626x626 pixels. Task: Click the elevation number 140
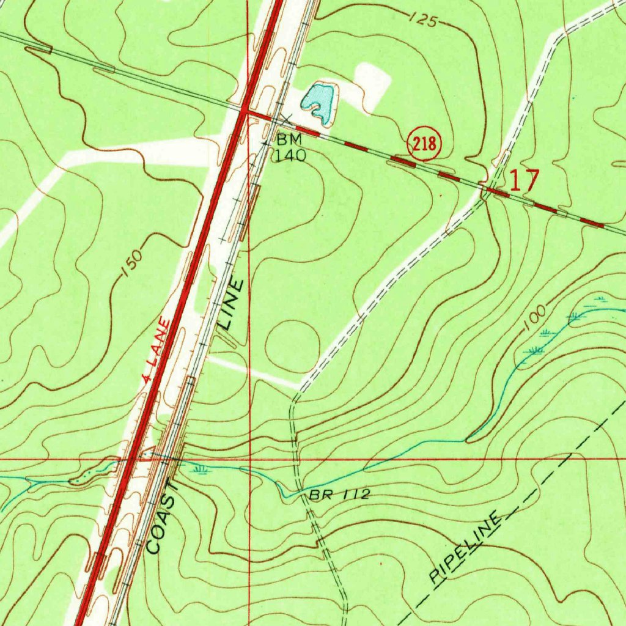pos(289,155)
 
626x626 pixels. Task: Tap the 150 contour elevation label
pos(133,263)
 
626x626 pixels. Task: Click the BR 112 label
pos(339,494)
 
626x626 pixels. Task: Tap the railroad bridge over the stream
pos(177,460)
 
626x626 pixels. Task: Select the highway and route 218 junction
pos(245,111)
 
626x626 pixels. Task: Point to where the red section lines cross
pos(250,457)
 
